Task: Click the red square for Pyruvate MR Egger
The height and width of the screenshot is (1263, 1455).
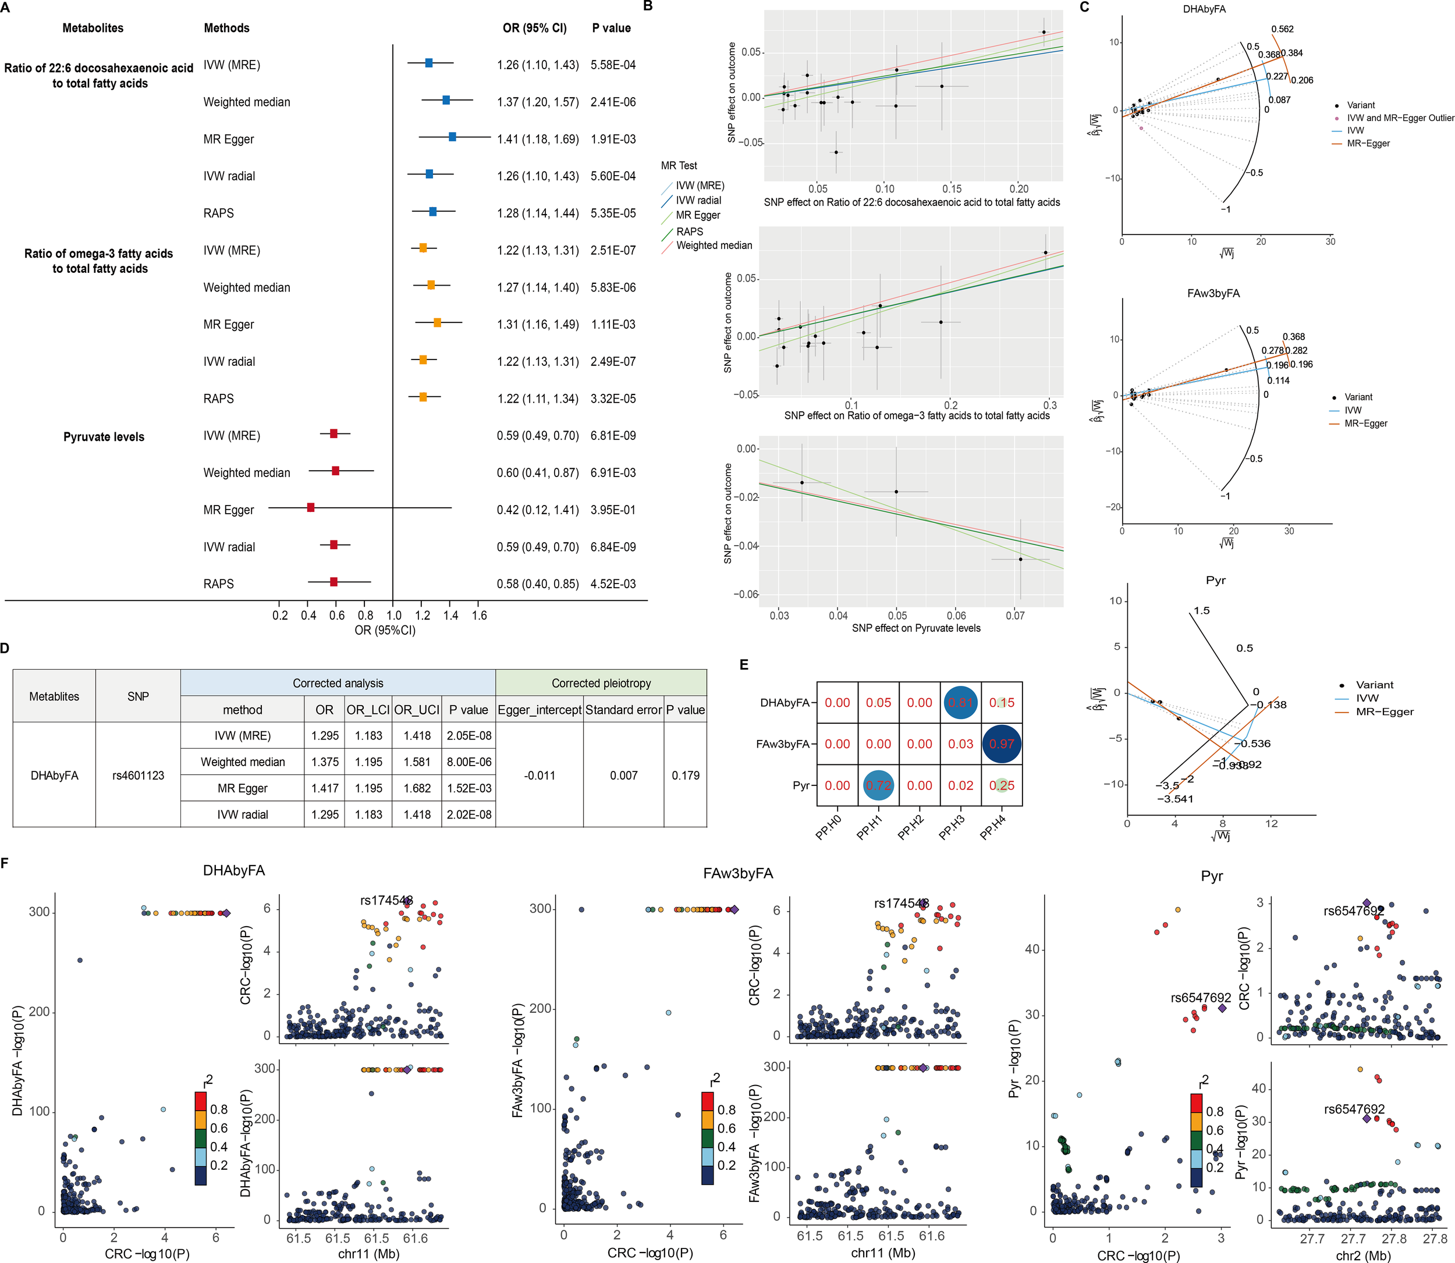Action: click(x=311, y=507)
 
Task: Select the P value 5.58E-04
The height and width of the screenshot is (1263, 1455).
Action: click(x=613, y=65)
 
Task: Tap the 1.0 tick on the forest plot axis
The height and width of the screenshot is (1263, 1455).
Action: click(x=393, y=616)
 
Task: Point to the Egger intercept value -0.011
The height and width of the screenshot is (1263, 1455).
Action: click(x=540, y=775)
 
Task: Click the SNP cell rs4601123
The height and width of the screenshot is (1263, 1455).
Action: click(x=138, y=775)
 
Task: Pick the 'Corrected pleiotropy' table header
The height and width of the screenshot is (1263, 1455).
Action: click(x=601, y=683)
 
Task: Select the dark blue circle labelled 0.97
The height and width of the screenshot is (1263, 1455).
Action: click(x=1002, y=743)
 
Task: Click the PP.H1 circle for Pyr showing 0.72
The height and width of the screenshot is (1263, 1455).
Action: click(x=878, y=785)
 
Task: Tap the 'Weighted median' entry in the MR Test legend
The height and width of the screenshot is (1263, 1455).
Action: click(x=714, y=246)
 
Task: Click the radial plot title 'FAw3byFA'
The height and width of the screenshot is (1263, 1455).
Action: click(x=1212, y=293)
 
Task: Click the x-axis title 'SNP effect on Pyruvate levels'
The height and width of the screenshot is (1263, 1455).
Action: click(x=915, y=628)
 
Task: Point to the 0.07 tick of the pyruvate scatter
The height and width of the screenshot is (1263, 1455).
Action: click(x=1015, y=616)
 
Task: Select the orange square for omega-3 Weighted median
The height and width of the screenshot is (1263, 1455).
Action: click(x=431, y=284)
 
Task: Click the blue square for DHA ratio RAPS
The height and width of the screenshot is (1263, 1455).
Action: click(x=433, y=211)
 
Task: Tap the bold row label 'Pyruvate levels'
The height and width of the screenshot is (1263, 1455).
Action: click(x=104, y=436)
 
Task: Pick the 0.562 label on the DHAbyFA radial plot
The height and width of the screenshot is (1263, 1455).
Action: click(x=1282, y=29)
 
